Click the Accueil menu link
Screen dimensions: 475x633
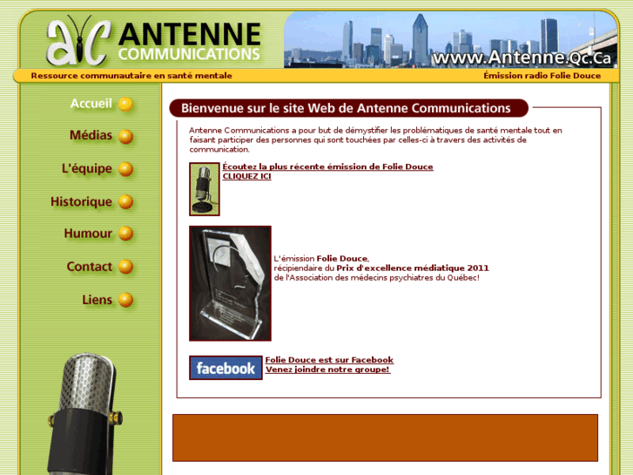(x=91, y=104)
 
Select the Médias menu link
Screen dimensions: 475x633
(x=91, y=136)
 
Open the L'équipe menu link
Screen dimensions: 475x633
(x=87, y=168)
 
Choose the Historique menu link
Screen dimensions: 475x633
(x=81, y=201)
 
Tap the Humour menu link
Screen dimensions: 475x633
(x=88, y=234)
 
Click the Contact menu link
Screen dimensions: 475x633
(x=90, y=267)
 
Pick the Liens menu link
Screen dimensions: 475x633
(x=98, y=300)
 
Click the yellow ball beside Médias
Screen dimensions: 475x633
(x=126, y=137)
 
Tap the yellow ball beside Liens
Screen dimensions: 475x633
(x=126, y=301)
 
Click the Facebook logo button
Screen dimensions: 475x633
(x=226, y=368)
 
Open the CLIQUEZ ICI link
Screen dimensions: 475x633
(x=246, y=176)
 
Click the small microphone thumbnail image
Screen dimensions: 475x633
(x=204, y=188)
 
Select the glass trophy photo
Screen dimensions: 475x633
(x=230, y=283)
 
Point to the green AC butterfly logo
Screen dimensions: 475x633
(x=78, y=41)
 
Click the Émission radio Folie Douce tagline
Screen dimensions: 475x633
(x=542, y=76)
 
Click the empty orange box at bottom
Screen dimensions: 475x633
(x=385, y=438)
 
